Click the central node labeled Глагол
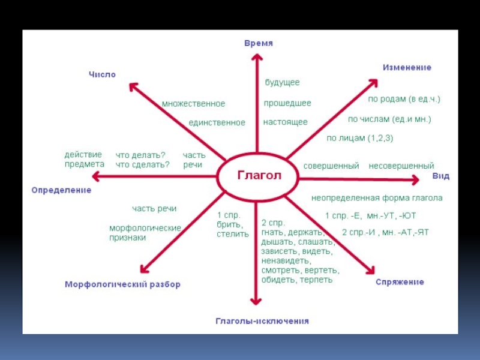click(258, 176)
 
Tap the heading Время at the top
click(259, 43)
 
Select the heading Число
click(102, 74)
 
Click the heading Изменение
click(407, 68)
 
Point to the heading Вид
click(440, 176)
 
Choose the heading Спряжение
click(400, 282)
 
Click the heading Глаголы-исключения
click(262, 321)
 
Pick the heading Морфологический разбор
click(122, 284)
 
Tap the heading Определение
click(61, 190)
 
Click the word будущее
click(282, 82)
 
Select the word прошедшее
click(287, 103)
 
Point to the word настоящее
click(285, 122)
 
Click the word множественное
click(193, 104)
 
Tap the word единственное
click(217, 122)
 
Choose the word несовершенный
click(401, 166)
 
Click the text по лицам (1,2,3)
click(359, 138)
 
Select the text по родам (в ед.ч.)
click(404, 98)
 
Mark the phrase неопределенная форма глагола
click(377, 197)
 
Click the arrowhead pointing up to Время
click(256, 58)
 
